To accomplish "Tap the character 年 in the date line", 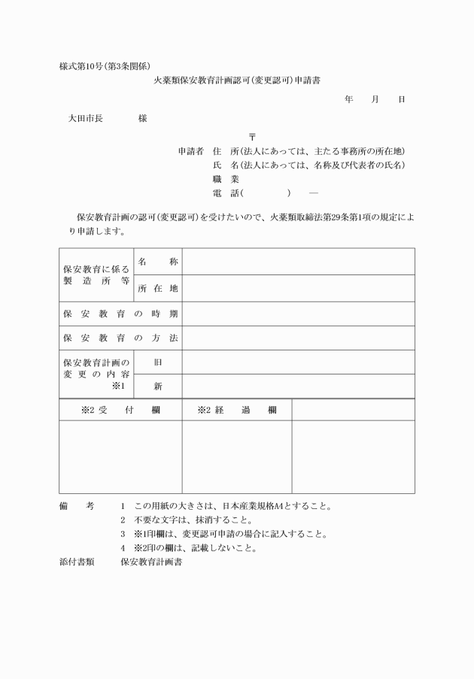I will tap(349, 99).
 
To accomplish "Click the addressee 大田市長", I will tap(85, 119).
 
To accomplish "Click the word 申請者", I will tap(191, 151).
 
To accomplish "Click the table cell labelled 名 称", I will tap(158, 261).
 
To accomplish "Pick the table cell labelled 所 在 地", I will tap(158, 289).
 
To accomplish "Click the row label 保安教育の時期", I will tap(120, 314).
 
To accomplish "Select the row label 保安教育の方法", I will tap(120, 338).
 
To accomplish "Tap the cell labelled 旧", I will tap(158, 362).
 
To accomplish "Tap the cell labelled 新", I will tap(158, 386).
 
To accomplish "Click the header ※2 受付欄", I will tap(120, 411).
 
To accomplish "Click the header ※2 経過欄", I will tap(236, 411).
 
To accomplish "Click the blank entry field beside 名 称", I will tap(298, 261).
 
